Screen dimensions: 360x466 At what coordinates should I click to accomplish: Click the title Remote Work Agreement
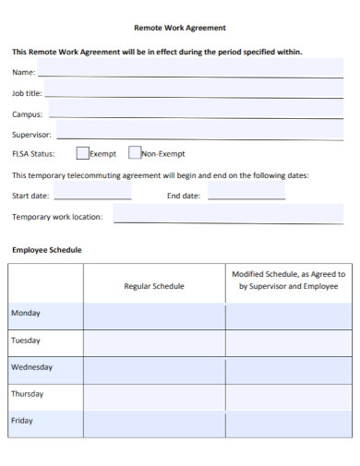pos(180,28)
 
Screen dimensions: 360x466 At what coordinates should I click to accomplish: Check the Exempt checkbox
pos(82,154)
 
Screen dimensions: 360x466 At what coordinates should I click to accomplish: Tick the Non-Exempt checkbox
pos(135,154)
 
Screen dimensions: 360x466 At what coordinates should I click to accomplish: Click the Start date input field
pos(92,194)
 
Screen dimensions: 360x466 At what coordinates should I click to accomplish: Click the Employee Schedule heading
pos(47,250)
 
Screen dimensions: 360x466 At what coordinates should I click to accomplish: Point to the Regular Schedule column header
pos(154,286)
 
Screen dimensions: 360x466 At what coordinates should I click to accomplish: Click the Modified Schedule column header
pos(288,280)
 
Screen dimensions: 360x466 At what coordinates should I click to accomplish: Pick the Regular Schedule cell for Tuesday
pos(154,341)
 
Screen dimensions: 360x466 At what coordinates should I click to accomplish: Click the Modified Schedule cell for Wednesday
pos(288,368)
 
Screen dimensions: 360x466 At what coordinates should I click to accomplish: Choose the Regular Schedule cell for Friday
pos(154,421)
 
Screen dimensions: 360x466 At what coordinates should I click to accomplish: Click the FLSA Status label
pos(33,154)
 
